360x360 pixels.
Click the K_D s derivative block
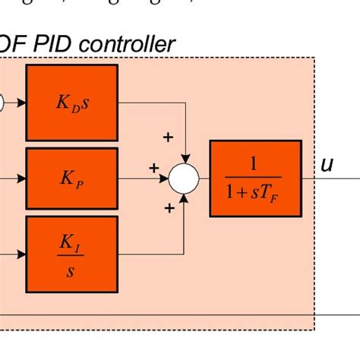pos(72,102)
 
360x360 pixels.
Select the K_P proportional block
pos(72,179)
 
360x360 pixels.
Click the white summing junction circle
pos(183,179)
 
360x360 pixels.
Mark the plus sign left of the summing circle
pos(153,167)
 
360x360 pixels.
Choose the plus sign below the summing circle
pos(169,206)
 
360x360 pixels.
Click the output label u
pos(326,164)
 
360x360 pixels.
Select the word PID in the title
pos(49,45)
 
